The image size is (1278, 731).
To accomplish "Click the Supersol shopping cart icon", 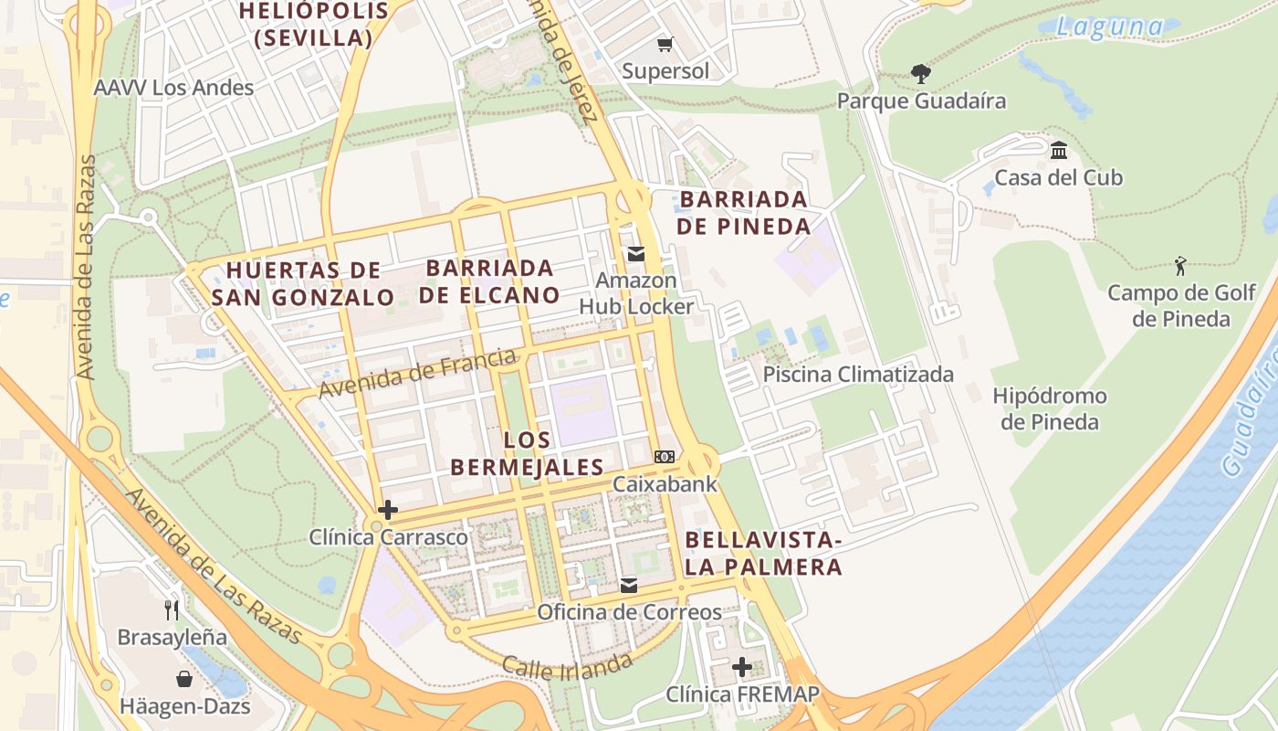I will tap(665, 44).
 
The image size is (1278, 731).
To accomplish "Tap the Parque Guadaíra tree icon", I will tap(921, 73).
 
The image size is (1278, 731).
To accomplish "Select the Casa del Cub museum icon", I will tap(1059, 150).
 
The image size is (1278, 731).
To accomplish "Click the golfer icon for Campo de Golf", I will tap(1181, 266).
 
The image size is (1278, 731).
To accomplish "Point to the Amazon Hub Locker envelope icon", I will tap(635, 254).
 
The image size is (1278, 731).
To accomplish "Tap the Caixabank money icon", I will tap(665, 457).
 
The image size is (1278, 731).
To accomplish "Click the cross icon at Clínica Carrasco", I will tap(388, 510).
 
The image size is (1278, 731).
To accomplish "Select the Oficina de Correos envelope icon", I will tap(629, 585).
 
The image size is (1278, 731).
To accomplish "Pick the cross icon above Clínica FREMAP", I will tap(742, 667).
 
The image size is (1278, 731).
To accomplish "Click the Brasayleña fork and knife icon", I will tap(172, 609).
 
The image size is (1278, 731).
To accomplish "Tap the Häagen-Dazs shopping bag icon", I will tap(184, 679).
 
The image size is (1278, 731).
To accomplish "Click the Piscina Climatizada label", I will tap(858, 374).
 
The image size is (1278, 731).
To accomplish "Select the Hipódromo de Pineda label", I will tap(1050, 408).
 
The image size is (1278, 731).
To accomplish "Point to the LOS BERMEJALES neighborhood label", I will tap(527, 453).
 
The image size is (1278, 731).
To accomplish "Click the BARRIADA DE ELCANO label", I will tap(489, 281).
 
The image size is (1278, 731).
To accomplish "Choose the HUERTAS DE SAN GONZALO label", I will tap(303, 283).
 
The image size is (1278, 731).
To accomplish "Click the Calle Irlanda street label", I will tap(567, 666).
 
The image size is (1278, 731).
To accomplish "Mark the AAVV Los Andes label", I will tap(173, 88).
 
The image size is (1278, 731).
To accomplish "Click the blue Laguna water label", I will tap(1109, 26).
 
